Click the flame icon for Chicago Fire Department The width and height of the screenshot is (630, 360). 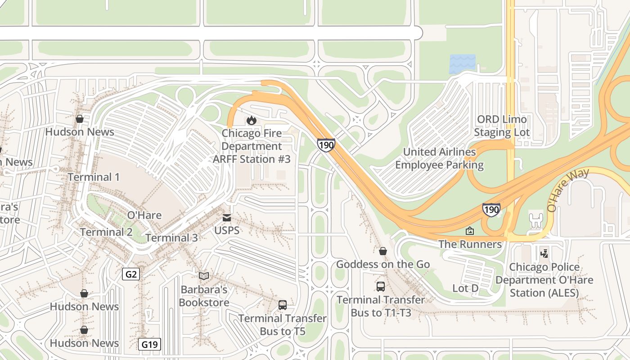(251, 120)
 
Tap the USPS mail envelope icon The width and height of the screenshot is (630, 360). (227, 218)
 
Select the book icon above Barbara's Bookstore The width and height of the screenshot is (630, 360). (204, 275)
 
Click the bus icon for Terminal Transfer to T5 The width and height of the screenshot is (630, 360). (282, 305)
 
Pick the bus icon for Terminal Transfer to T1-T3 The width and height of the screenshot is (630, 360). (381, 286)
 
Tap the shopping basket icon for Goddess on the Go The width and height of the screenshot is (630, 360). (382, 251)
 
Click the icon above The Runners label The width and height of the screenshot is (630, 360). (470, 231)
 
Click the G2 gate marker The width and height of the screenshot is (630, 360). (131, 274)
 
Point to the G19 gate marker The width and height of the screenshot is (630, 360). (149, 345)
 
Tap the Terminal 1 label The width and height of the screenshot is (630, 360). (94, 177)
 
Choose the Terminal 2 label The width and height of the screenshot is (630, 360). (106, 232)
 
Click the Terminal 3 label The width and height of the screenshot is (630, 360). (171, 238)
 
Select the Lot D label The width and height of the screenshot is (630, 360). (465, 288)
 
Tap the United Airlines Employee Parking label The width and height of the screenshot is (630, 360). (439, 158)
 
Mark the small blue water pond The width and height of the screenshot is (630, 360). (462, 64)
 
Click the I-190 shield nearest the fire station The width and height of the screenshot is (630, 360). (326, 145)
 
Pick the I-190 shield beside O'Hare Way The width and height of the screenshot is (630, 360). (491, 210)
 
